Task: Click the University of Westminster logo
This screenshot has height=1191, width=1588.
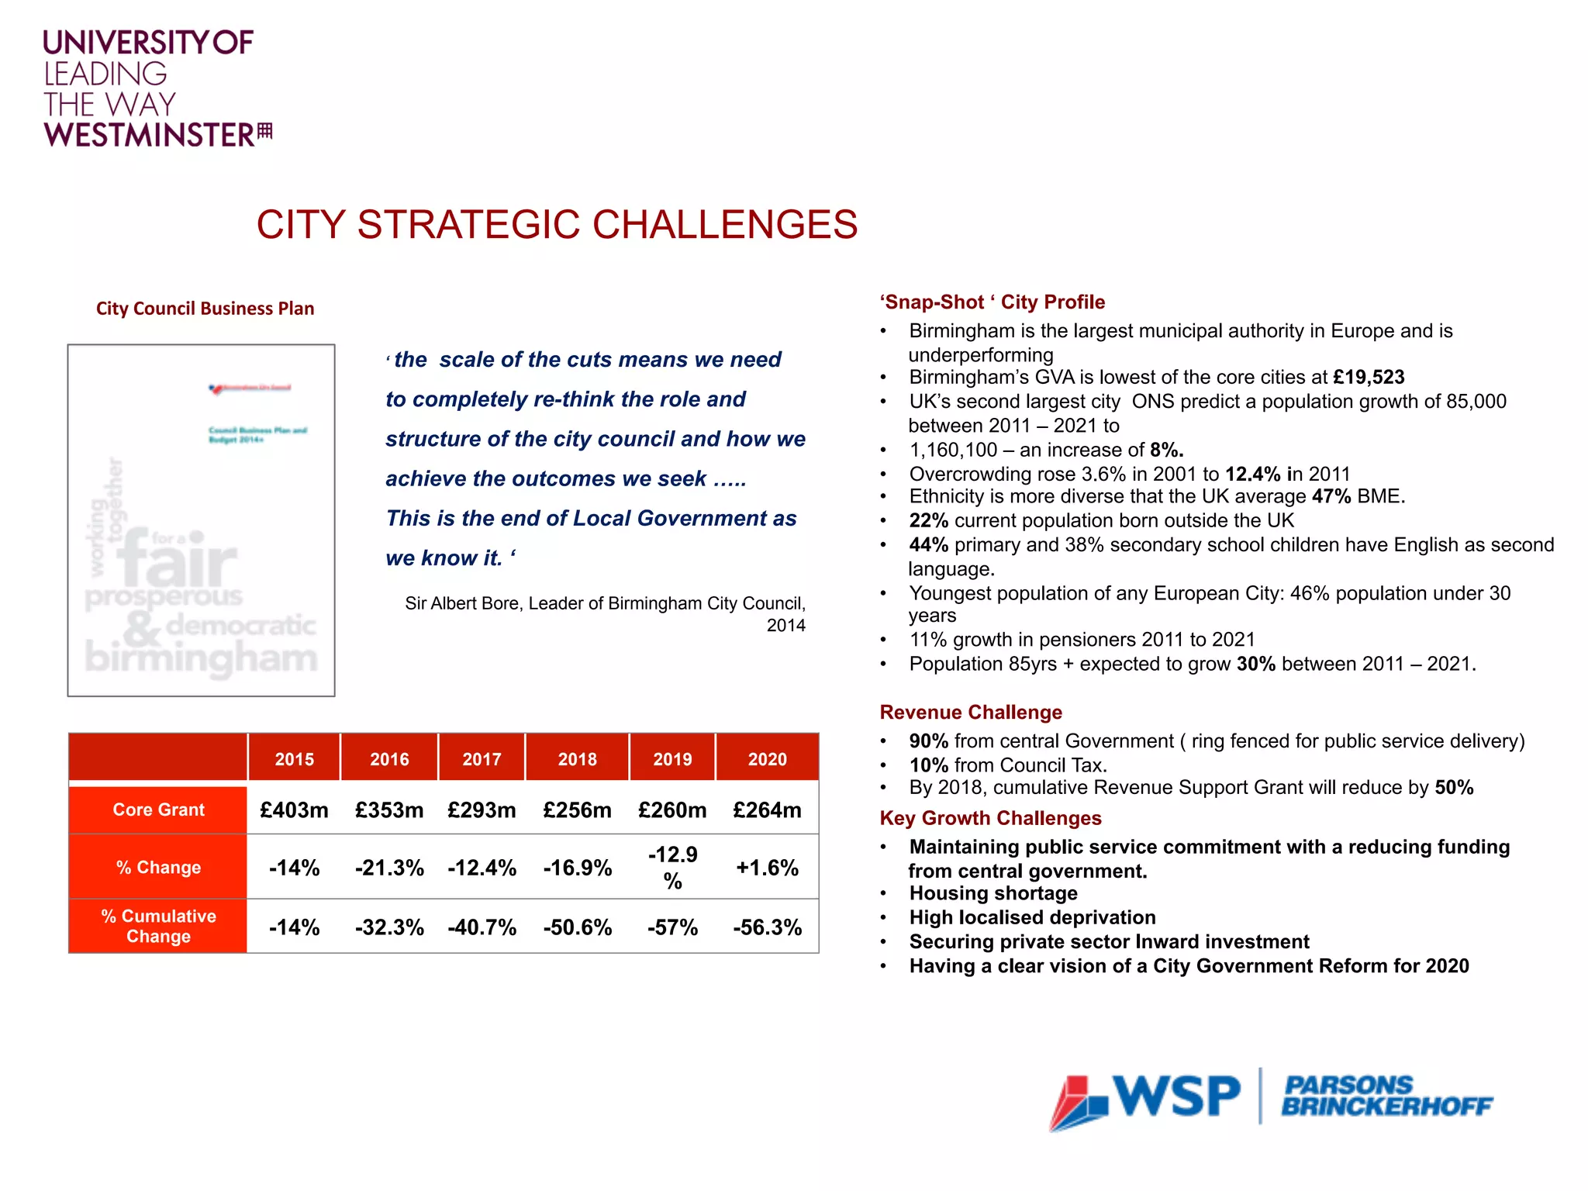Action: tap(155, 89)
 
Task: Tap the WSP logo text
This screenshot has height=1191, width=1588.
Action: tap(1176, 1097)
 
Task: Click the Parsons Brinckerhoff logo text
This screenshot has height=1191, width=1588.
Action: tap(1386, 1096)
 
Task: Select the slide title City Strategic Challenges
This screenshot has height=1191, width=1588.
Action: tap(557, 225)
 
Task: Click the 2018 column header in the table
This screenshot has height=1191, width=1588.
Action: tap(577, 759)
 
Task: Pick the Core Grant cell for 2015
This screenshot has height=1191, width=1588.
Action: tap(294, 810)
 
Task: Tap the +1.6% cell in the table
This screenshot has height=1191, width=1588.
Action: tap(767, 868)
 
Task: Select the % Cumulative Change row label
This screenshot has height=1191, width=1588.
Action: tap(158, 926)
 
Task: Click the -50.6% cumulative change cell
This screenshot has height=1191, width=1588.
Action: tap(577, 927)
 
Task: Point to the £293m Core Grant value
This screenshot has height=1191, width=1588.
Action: tap(482, 810)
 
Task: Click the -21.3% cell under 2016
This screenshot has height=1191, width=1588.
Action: tap(389, 868)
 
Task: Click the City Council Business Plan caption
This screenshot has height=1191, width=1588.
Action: tap(205, 309)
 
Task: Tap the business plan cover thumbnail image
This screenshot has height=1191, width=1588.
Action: tap(201, 520)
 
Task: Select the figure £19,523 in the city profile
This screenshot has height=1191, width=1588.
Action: tap(1369, 378)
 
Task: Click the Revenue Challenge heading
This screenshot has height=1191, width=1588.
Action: tap(970, 712)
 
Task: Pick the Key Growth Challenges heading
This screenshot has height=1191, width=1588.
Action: tap(990, 818)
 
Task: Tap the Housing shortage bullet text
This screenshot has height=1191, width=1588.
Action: tap(993, 893)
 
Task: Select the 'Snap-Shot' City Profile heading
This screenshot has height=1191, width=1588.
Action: tap(992, 302)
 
